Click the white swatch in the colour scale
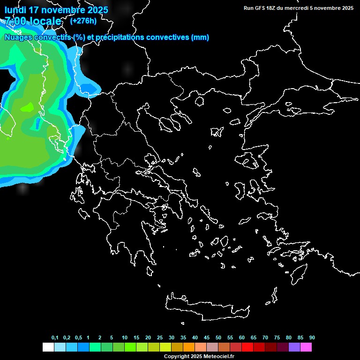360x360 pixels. coord(48,347)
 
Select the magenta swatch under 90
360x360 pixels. coord(306,347)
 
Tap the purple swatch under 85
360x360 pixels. coord(294,347)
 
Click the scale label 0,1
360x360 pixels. coord(55,338)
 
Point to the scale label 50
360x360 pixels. coord(218,338)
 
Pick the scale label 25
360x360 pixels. coord(160,338)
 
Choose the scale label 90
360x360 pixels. coord(312,338)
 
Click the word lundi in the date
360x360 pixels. coord(15,10)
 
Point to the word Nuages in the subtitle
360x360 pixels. coord(19,37)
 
